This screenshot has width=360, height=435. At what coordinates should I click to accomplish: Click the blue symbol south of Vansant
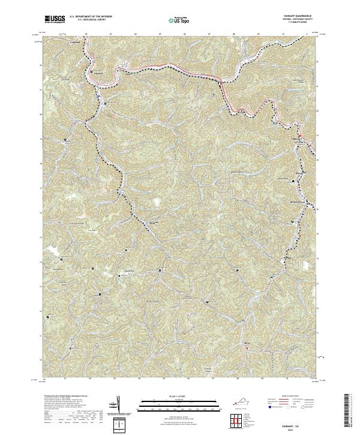[x=97, y=95]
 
